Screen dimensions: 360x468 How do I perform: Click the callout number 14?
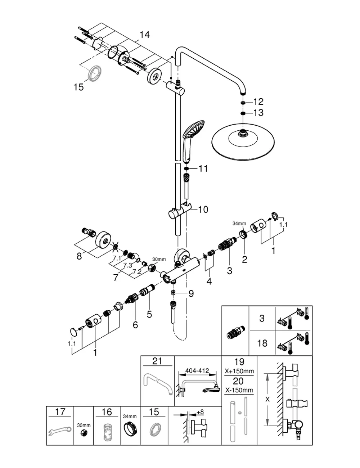pos(144,35)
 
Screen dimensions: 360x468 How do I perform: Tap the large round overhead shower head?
pos(243,142)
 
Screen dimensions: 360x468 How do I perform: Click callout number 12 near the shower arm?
pos(258,102)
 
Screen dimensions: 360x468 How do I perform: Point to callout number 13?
pos(258,113)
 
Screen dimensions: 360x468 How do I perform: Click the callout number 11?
pos(203,168)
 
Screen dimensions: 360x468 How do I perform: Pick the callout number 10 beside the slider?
pos(203,210)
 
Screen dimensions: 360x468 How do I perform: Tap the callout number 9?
pos(191,293)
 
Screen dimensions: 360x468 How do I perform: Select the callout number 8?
pos(79,256)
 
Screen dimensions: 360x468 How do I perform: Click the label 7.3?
pos(127,265)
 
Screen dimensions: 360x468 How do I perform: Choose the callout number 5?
pos(149,314)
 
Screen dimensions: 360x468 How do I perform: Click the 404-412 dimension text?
pos(197,370)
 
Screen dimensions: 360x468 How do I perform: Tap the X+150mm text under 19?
pos(239,371)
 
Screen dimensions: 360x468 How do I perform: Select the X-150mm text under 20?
pos(239,390)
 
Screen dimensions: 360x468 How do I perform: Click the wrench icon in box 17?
pos(60,430)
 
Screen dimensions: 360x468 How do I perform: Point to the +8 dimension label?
pos(200,412)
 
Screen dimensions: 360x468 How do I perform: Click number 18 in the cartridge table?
pos(262,343)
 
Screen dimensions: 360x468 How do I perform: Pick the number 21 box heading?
pos(157,361)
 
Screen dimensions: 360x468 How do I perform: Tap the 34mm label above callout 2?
pos(239,224)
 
